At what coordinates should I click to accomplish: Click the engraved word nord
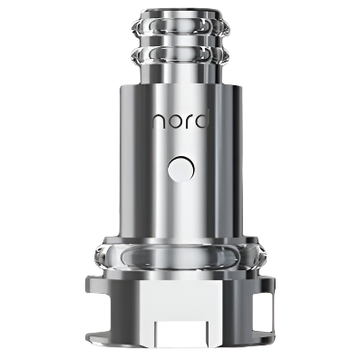(180, 121)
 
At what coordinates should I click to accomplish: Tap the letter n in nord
(158, 122)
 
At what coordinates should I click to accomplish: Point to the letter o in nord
(173, 122)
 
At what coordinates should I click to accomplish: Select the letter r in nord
(187, 122)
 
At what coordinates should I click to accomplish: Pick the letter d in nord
(200, 121)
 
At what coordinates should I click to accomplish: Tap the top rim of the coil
(180, 14)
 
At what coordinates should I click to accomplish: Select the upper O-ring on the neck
(180, 28)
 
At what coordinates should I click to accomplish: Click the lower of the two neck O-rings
(180, 55)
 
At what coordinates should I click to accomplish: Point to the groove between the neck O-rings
(180, 42)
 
